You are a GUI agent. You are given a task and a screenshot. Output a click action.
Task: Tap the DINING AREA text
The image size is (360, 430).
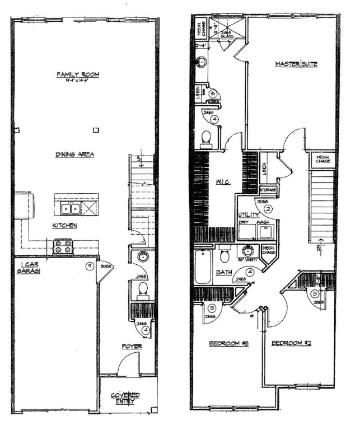pos(74,155)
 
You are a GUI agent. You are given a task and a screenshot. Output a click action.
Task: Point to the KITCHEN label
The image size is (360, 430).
pos(64,226)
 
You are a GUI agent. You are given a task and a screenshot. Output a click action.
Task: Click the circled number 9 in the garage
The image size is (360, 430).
pos(89,267)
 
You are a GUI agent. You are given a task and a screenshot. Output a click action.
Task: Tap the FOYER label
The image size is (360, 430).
pos(133,347)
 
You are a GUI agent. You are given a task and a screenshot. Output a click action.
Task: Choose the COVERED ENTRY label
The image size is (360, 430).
pos(125,398)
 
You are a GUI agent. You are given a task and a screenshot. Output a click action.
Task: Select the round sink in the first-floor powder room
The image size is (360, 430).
pos(143,258)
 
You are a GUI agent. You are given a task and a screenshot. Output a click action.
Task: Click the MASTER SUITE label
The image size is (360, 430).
pos(296,64)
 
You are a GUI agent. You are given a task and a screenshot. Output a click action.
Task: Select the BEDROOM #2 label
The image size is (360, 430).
pos(291,343)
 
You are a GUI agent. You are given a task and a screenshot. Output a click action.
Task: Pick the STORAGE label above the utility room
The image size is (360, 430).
pos(268,190)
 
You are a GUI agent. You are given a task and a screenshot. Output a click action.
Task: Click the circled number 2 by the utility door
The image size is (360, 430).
pos(268,209)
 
